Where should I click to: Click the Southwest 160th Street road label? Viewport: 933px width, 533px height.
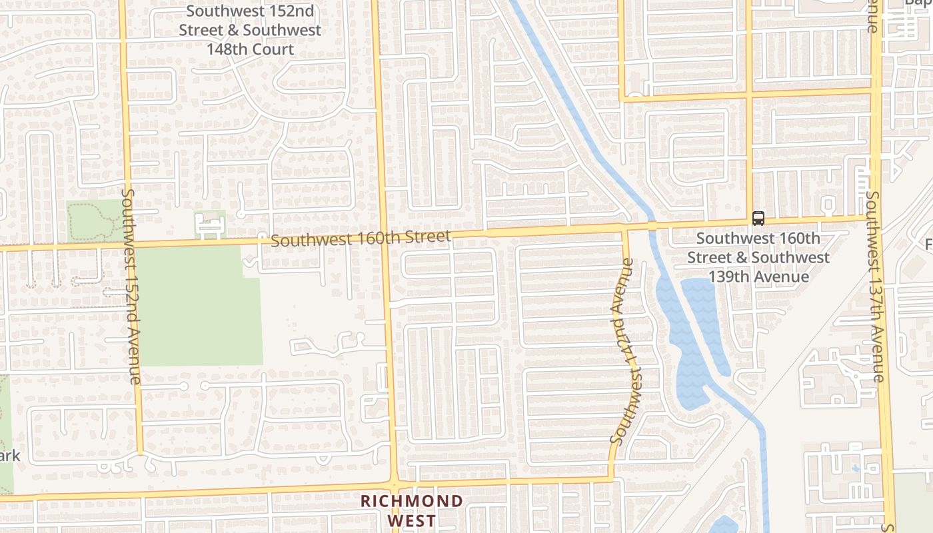(x=361, y=238)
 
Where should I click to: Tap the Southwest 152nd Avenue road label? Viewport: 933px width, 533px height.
(x=131, y=286)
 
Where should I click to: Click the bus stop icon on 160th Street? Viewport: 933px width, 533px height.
(x=758, y=218)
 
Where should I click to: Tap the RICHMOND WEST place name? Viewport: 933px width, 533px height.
(x=412, y=510)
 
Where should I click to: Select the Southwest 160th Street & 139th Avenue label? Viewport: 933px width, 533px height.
(x=758, y=257)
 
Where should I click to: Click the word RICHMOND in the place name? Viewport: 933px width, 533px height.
(x=412, y=501)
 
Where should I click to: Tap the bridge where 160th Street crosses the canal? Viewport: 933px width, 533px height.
(x=652, y=225)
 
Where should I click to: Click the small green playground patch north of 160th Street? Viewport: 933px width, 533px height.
(x=209, y=224)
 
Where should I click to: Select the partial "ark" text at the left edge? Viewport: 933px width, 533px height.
(x=9, y=456)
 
